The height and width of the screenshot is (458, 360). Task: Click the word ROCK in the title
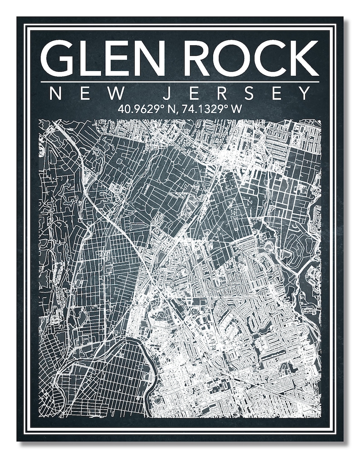point(252,58)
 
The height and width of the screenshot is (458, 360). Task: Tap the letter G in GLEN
point(58,58)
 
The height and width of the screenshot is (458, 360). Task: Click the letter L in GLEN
point(91,58)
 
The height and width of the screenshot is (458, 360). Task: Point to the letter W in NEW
point(117,94)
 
